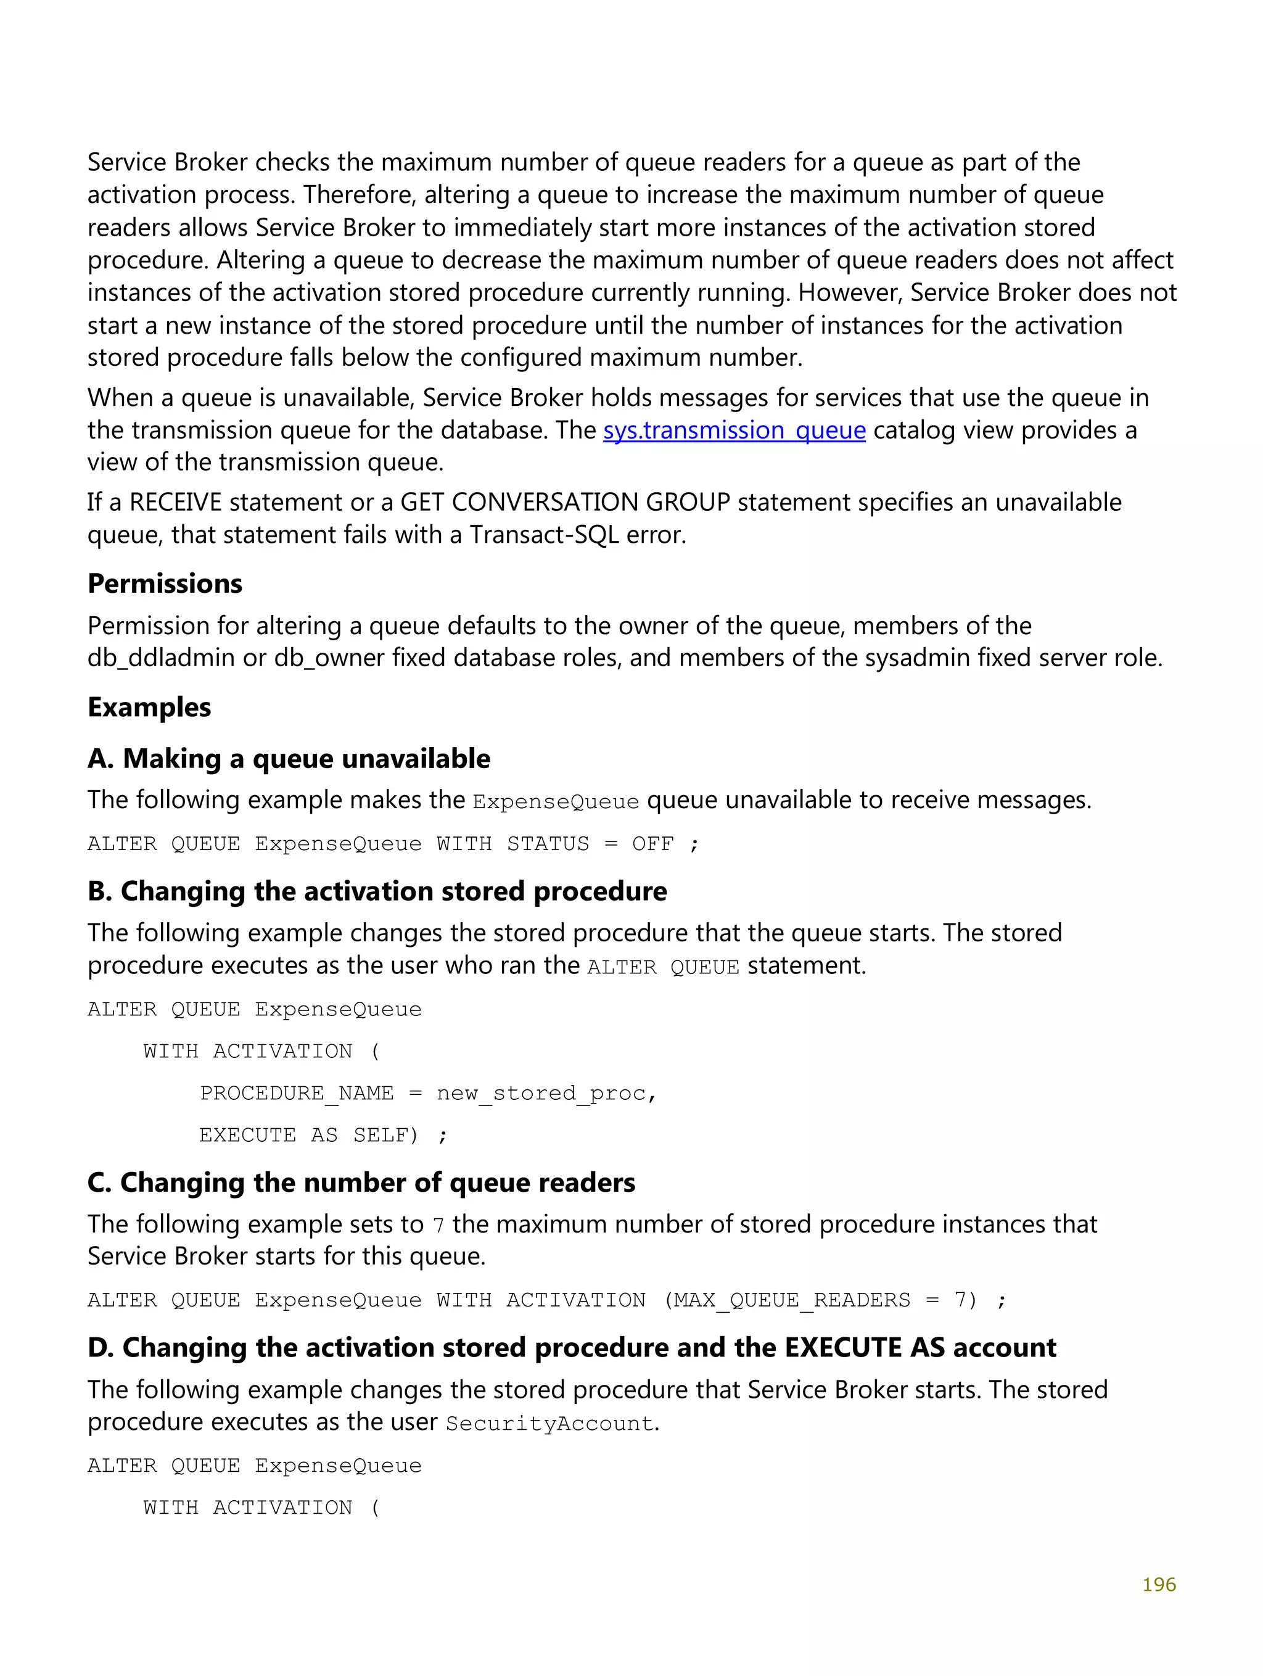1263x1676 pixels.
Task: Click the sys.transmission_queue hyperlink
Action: (x=733, y=431)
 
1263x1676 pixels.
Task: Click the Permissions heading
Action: (x=165, y=584)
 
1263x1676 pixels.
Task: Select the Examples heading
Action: (x=149, y=707)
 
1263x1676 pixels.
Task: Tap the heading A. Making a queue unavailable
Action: (x=289, y=759)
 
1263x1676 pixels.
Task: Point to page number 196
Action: (x=1158, y=1584)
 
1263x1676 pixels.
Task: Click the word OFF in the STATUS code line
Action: (x=652, y=844)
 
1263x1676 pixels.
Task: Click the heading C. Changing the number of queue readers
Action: (x=361, y=1183)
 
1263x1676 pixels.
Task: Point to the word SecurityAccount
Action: (x=550, y=1424)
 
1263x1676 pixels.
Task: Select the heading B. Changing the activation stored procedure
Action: (x=377, y=891)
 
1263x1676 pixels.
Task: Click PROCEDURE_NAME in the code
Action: (x=296, y=1093)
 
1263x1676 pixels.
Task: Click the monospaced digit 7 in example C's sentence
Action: (x=438, y=1226)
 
